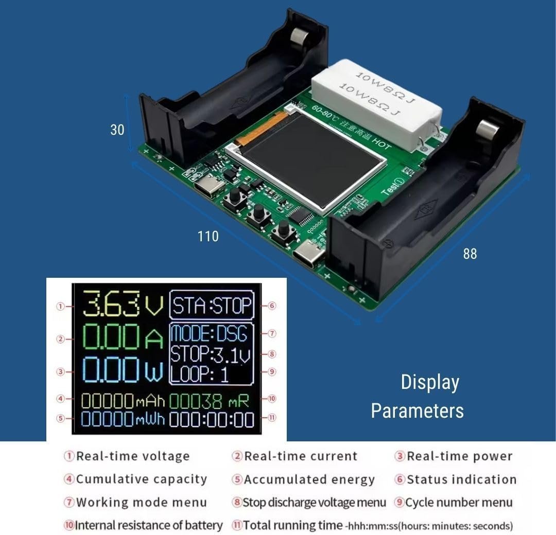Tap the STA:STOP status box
[x=212, y=305]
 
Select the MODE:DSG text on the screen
[x=209, y=333]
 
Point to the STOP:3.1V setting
[x=211, y=354]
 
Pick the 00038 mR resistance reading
[x=209, y=401]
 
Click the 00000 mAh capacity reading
[x=123, y=401]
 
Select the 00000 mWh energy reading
[x=123, y=419]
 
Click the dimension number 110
[x=208, y=236]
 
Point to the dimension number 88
[x=470, y=254]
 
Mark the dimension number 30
[x=117, y=130]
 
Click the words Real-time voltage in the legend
[x=133, y=456]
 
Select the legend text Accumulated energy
[x=309, y=479]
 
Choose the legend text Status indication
[x=462, y=479]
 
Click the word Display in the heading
[x=430, y=383]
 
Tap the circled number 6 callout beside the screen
[x=272, y=306]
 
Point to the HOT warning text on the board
[x=382, y=143]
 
